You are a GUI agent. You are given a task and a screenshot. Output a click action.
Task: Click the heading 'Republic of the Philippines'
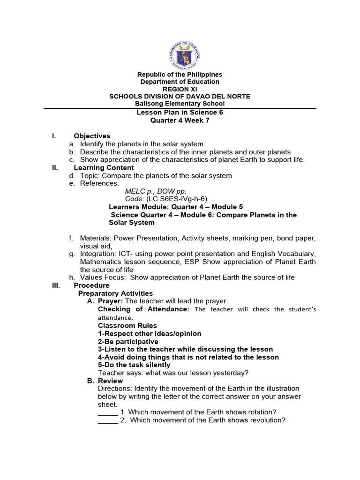[x=180, y=75]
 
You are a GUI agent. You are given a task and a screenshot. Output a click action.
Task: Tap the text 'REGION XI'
[x=180, y=89]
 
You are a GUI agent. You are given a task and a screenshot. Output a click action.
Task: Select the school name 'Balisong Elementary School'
[x=180, y=104]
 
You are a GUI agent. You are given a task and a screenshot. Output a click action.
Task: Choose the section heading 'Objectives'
[x=92, y=136]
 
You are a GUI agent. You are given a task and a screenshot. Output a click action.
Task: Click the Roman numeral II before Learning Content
[x=54, y=167]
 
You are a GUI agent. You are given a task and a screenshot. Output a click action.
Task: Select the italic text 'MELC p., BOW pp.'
[x=156, y=191]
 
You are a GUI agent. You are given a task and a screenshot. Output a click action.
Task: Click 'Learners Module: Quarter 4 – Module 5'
[x=176, y=207]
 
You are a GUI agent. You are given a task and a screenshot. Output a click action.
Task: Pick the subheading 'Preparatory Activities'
[x=115, y=293]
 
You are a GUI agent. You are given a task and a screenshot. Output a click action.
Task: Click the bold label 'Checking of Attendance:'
[x=143, y=309]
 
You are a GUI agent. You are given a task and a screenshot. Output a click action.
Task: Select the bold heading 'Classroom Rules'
[x=127, y=325]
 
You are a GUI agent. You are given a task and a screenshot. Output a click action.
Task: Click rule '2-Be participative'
[x=128, y=341]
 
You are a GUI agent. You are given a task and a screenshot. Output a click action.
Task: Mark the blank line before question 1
[x=108, y=412]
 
